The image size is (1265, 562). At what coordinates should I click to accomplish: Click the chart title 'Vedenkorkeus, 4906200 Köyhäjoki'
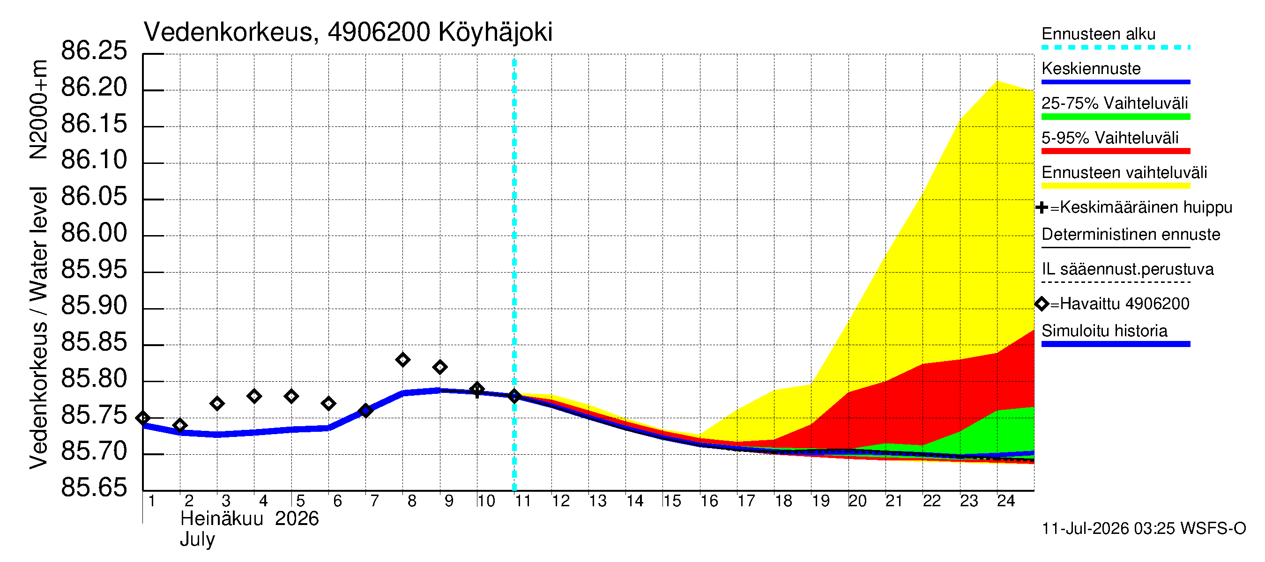348,32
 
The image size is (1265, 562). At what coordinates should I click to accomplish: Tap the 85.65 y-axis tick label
94,488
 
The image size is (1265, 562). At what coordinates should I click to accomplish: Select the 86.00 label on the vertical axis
94,233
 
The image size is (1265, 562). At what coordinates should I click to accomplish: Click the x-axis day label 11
522,501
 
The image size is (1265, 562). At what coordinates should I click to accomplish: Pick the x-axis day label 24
1006,501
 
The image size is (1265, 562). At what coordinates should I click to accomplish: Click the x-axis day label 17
746,501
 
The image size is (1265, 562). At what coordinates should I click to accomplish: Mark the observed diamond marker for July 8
402,360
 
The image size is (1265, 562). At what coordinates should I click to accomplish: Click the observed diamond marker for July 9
440,367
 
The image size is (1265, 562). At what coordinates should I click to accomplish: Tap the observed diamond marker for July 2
180,426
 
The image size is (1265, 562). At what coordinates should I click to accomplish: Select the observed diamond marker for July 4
254,396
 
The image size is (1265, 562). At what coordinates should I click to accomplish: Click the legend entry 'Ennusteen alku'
1099,34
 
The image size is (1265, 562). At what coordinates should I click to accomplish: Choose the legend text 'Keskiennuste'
1091,69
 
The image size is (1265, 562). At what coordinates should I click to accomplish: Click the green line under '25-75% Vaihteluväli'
1116,117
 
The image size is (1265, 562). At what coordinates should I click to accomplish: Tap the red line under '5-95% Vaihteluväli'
1116,151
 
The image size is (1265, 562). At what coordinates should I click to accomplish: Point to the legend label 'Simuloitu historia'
1104,331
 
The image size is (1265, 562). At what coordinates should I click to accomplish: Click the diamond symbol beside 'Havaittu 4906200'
1042,304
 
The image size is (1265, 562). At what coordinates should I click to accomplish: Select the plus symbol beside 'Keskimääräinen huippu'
1042,207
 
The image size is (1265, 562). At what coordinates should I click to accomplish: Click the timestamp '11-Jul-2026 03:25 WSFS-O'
1144,529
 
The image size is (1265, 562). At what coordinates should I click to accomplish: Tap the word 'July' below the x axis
197,540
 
